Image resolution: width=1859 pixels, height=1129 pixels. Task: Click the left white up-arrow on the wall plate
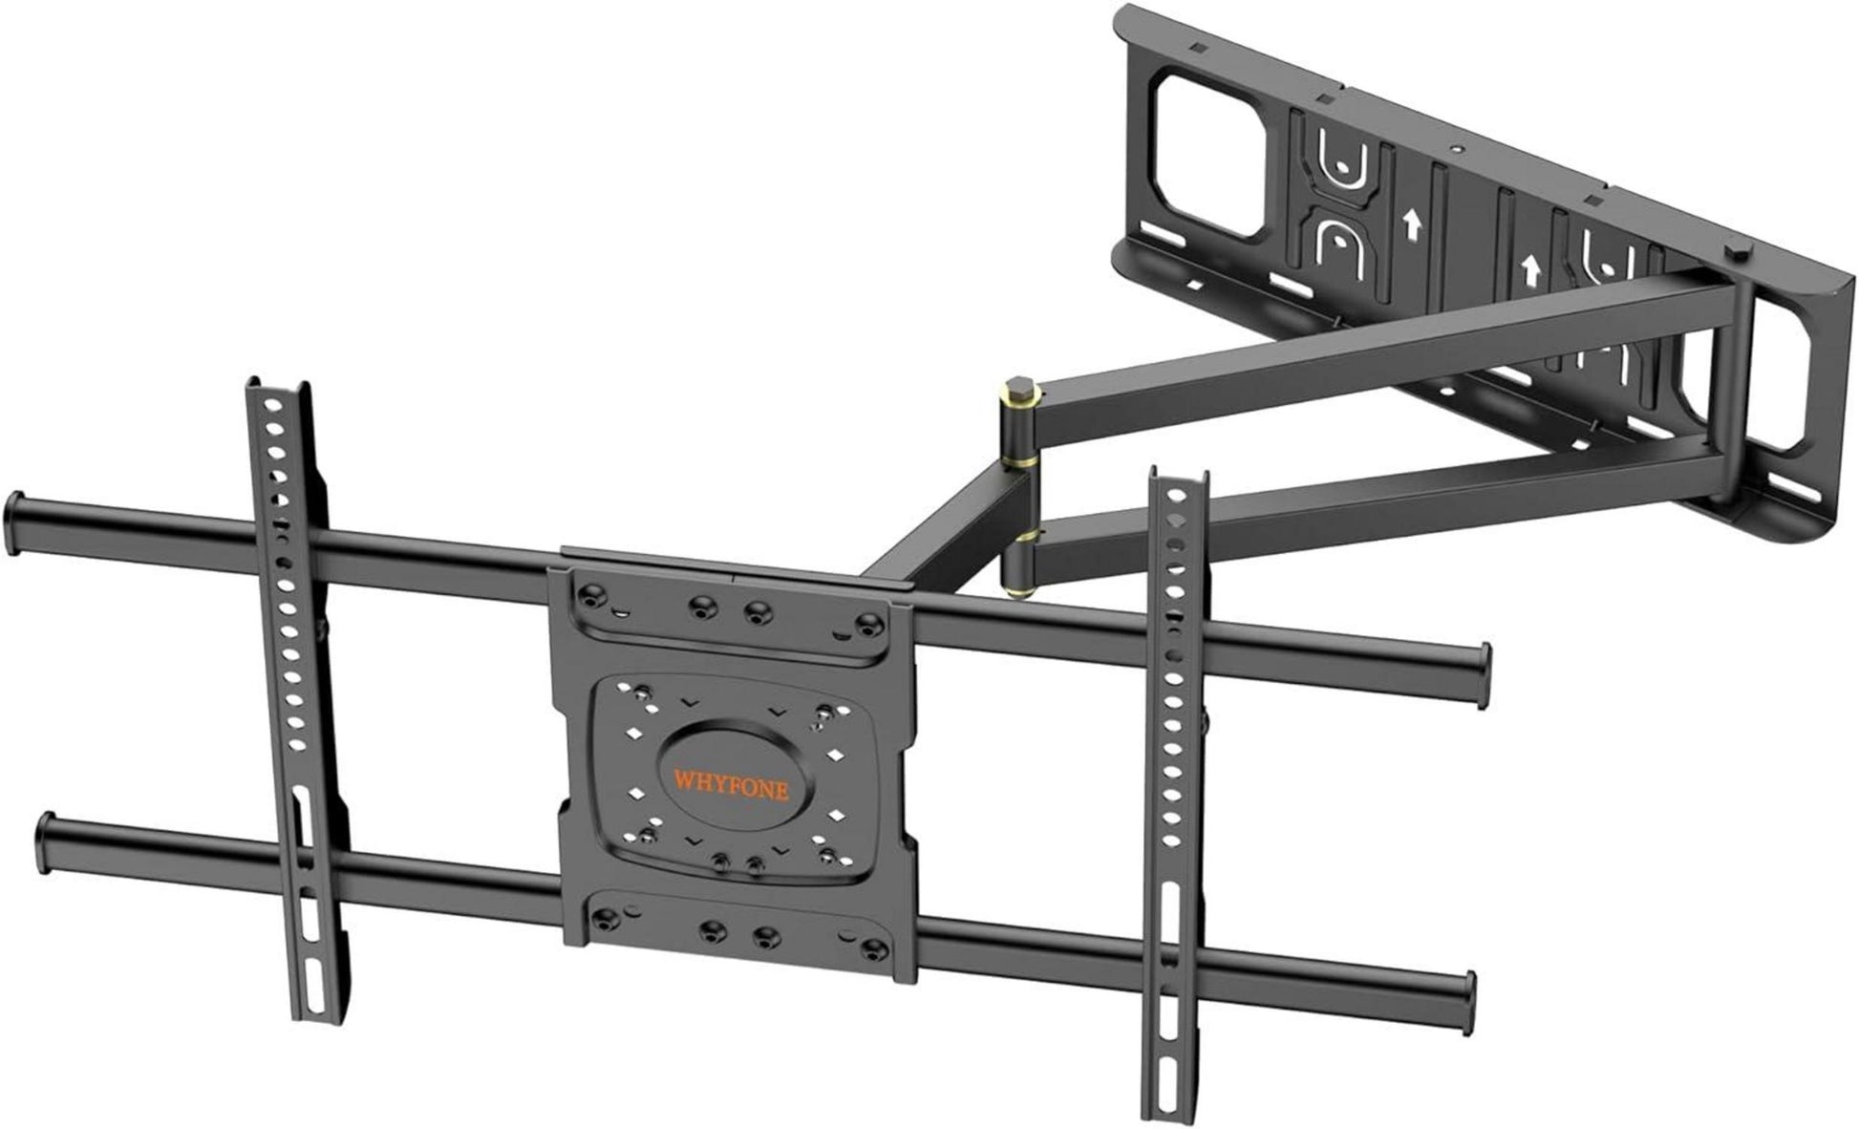point(1408,225)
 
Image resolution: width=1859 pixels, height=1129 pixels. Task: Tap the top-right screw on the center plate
point(866,625)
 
